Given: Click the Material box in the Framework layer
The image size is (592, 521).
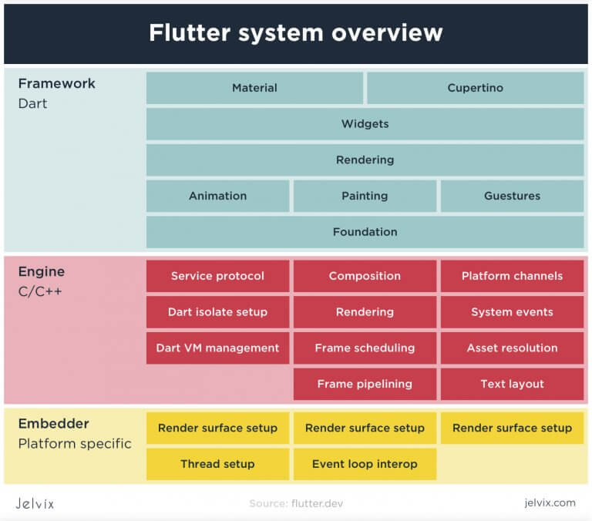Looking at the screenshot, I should (254, 88).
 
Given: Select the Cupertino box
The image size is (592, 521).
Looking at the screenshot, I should (475, 88).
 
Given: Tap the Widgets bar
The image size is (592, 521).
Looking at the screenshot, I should (365, 124).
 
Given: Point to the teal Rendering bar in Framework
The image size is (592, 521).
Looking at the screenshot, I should (365, 160).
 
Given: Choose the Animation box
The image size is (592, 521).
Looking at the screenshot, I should (217, 196).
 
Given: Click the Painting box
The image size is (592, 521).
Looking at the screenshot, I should (365, 196).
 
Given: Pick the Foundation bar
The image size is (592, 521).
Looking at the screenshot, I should (365, 232).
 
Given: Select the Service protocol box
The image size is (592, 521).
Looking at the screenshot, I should (217, 276).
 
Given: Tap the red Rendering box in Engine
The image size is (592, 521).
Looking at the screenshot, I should (365, 312).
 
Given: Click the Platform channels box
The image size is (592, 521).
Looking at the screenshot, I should (512, 276).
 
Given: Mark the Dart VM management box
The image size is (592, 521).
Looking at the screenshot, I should (217, 348).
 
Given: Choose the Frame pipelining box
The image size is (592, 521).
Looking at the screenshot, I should (365, 384).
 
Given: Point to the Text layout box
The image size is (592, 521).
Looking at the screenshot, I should (512, 384).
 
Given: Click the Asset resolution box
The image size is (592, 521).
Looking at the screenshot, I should (512, 348).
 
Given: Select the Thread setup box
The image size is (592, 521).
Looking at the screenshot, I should (217, 464).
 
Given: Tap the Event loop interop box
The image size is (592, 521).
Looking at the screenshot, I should (365, 464).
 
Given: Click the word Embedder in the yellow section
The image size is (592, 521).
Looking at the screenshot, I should (53, 424).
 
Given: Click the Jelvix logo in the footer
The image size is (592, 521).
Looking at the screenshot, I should (35, 503).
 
